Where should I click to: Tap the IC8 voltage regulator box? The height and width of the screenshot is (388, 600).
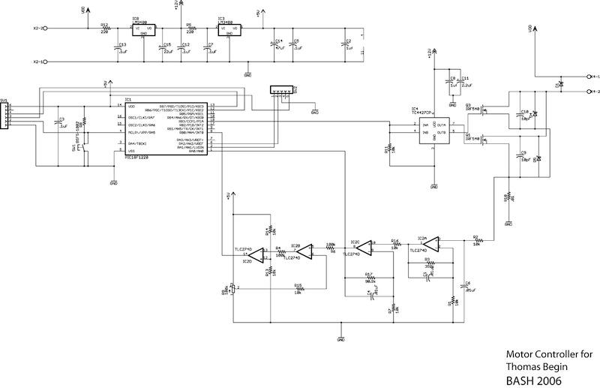click(x=141, y=31)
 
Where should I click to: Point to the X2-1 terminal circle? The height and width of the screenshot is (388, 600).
click(x=46, y=61)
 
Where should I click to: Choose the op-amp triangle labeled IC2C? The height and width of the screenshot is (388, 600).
click(x=358, y=247)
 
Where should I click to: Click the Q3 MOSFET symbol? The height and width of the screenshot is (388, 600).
click(x=484, y=111)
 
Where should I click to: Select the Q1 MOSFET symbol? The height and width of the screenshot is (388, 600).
click(x=484, y=141)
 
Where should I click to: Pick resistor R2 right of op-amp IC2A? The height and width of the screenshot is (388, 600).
click(x=476, y=240)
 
